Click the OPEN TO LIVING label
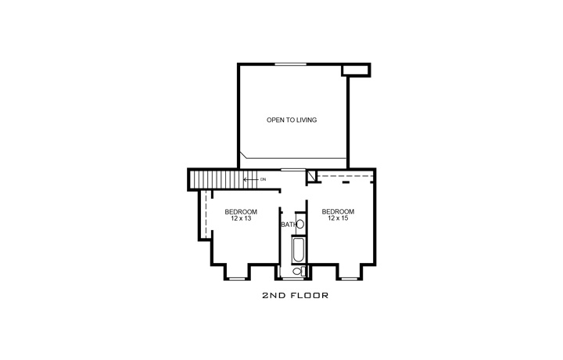tap(292, 120)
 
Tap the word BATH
tap(289, 225)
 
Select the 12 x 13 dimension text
tap(241, 218)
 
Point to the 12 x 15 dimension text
tap(338, 218)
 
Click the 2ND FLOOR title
tap(294, 297)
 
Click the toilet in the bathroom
tap(298, 272)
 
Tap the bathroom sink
tap(299, 225)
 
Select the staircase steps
tap(216, 180)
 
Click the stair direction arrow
tap(250, 179)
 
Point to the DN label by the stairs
tap(264, 179)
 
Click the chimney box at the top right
tap(356, 70)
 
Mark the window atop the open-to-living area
tap(290, 63)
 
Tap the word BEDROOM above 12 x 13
tap(241, 211)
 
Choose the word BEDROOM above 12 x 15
tap(338, 211)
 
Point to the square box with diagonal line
tap(311, 177)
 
